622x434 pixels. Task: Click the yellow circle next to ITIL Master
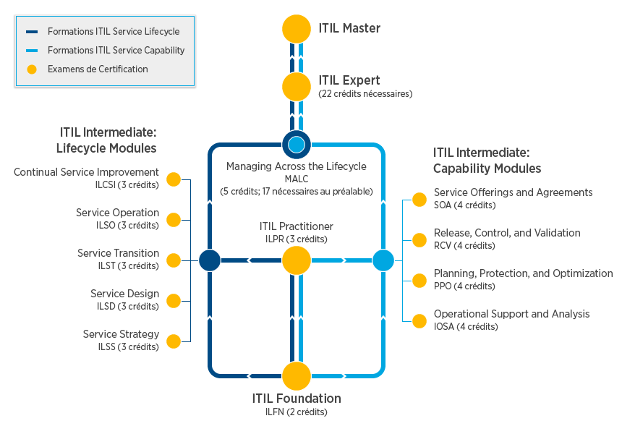[296, 29]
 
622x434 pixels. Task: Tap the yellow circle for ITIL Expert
[296, 86]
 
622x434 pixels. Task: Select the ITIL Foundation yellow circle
[296, 376]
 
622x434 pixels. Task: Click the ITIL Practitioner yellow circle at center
[296, 260]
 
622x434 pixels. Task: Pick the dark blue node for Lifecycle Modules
[210, 260]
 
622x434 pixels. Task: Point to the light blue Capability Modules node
[383, 260]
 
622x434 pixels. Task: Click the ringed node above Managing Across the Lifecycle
[296, 145]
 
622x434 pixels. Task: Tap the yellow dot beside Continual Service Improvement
[174, 179]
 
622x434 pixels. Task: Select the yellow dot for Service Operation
[174, 220]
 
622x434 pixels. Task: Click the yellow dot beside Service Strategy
[174, 341]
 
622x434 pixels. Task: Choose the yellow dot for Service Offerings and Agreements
[419, 200]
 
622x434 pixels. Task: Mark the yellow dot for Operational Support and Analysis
[419, 321]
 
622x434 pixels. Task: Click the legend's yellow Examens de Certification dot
[32, 69]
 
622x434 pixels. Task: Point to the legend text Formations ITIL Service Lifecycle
[114, 32]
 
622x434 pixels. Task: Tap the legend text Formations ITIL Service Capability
[116, 51]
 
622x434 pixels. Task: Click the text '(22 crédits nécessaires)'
[365, 94]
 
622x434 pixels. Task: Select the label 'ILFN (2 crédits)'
[296, 412]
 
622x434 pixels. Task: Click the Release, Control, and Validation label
[507, 233]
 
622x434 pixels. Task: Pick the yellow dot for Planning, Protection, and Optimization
[419, 281]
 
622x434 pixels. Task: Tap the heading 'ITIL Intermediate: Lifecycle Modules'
[108, 140]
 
